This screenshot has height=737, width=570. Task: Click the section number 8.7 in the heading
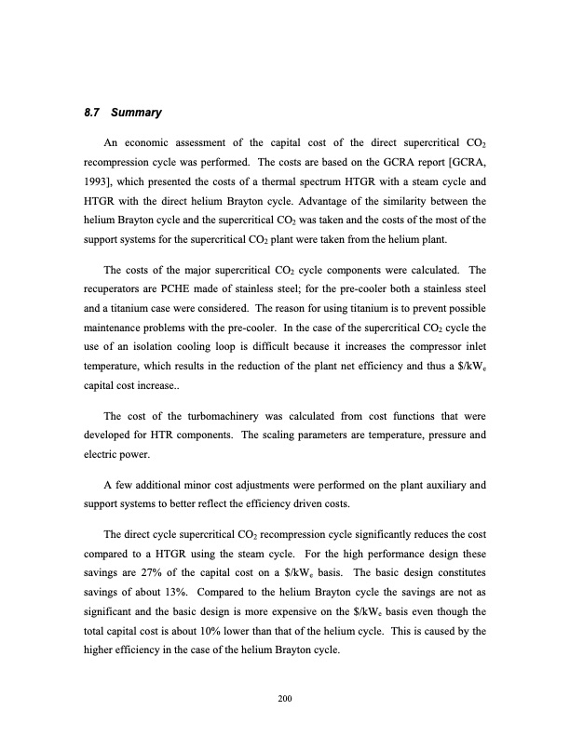[x=91, y=114]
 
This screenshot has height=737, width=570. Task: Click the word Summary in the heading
[x=137, y=114]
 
